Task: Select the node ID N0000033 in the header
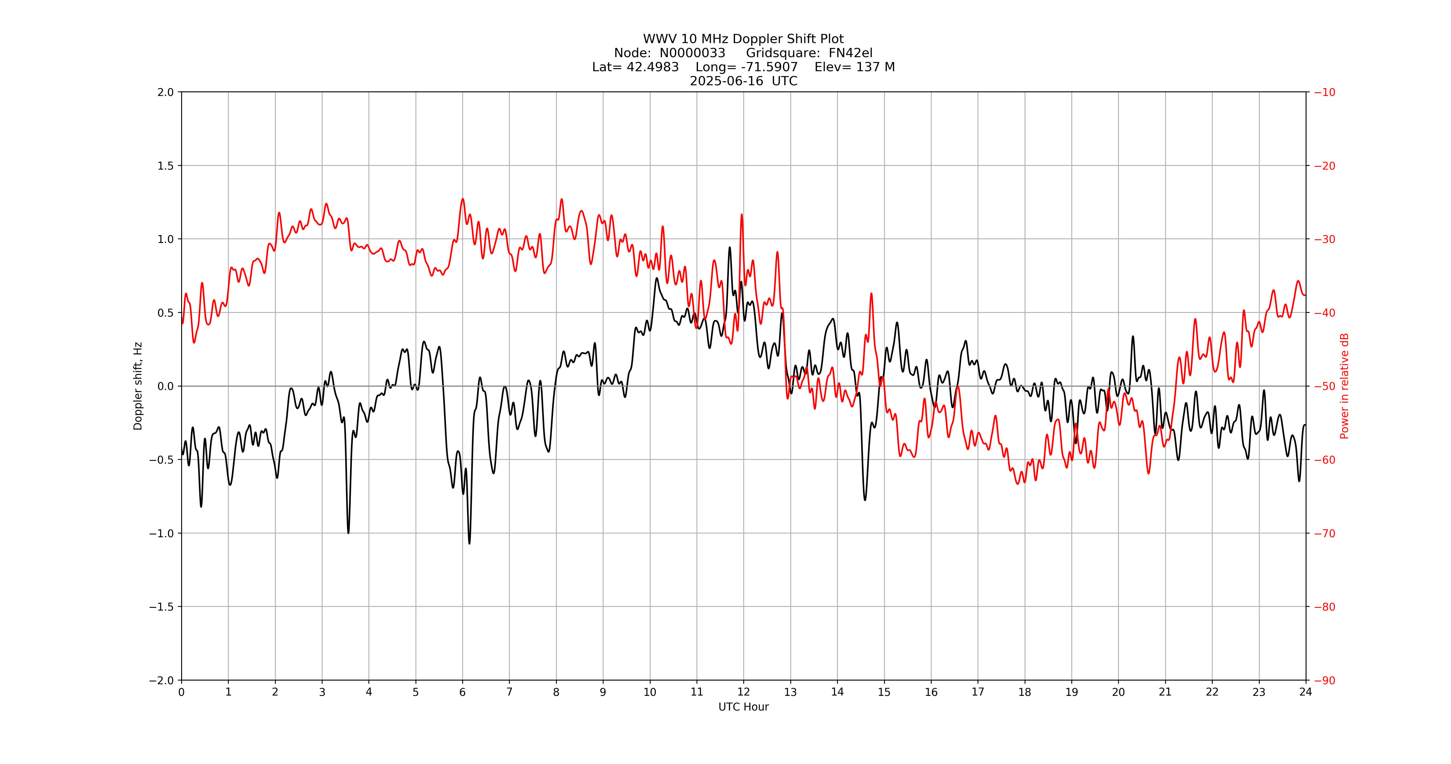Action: (x=692, y=53)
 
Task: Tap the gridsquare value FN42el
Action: (x=850, y=53)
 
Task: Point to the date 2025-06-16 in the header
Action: (x=726, y=81)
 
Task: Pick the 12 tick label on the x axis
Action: (x=744, y=692)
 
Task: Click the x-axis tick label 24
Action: (x=1306, y=692)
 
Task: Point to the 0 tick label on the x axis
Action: (x=181, y=692)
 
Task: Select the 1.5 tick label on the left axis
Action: (x=166, y=166)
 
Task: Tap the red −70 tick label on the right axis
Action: (x=1324, y=533)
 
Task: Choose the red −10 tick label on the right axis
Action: (x=1324, y=92)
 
